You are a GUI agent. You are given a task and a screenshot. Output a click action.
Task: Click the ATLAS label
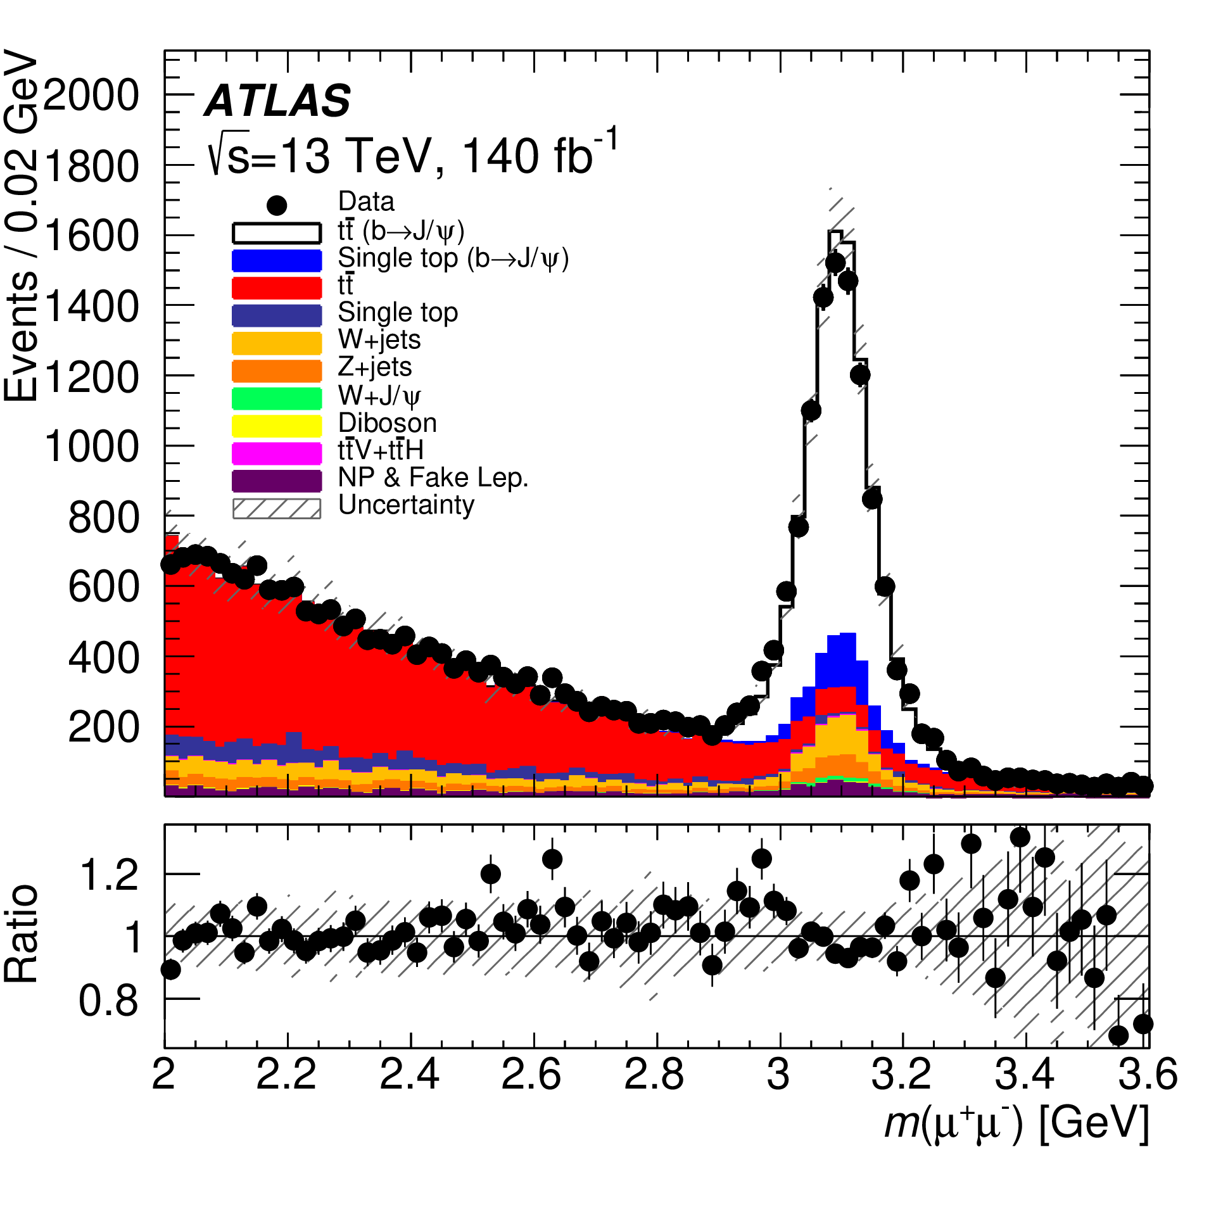(x=277, y=101)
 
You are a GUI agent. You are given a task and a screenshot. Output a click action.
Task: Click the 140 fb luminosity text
(x=538, y=155)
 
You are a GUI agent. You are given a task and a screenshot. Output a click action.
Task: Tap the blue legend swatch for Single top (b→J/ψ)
(x=277, y=260)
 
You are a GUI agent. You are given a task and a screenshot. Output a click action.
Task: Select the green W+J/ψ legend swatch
(x=277, y=398)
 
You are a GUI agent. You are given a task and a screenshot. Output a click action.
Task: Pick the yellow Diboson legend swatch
(x=277, y=425)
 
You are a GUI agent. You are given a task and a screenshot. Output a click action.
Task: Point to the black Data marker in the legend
(x=277, y=205)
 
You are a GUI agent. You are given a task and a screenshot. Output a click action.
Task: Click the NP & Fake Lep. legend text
(x=433, y=477)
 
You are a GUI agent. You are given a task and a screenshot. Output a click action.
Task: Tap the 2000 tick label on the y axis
(x=92, y=96)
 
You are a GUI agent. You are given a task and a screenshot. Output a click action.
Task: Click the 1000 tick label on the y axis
(x=92, y=446)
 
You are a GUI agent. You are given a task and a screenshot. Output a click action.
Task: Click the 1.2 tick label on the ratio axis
(x=109, y=875)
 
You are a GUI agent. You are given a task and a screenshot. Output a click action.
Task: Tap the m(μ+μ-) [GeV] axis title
(x=1016, y=1125)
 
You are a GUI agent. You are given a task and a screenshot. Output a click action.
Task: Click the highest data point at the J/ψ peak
(x=835, y=262)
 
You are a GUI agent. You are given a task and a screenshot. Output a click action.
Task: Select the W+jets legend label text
(x=379, y=340)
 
